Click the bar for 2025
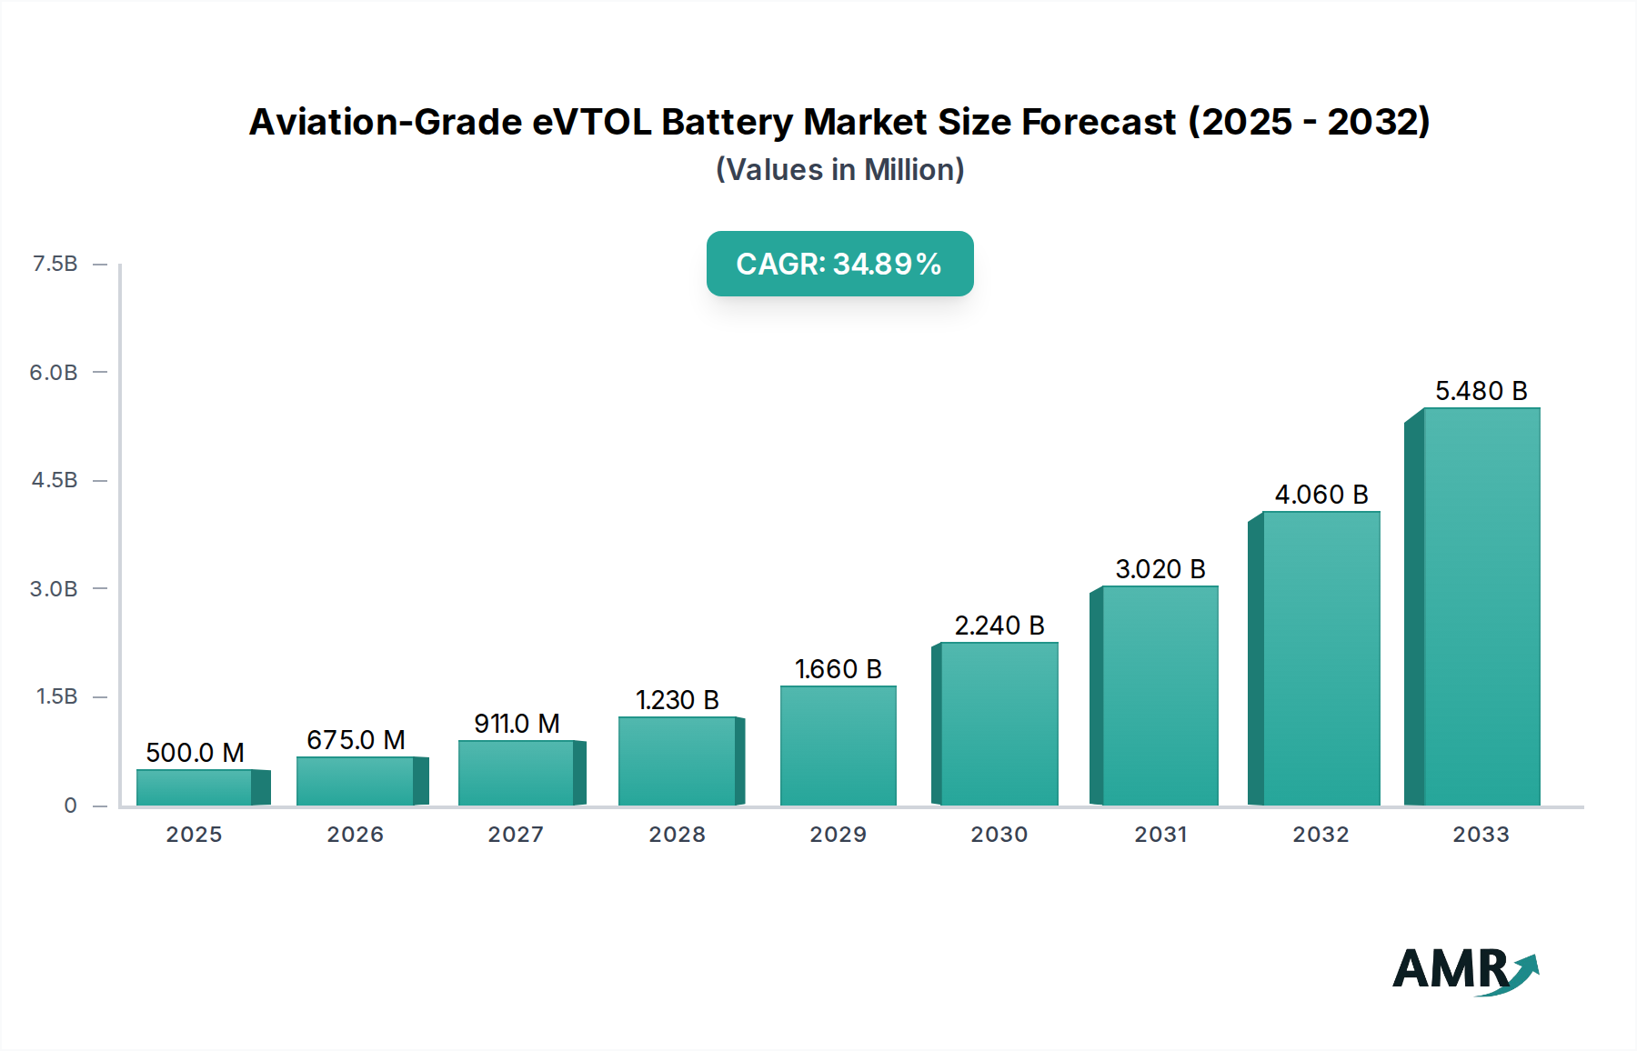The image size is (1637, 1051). click(195, 787)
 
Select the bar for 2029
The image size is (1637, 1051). click(838, 746)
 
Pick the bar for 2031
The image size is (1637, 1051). click(1160, 696)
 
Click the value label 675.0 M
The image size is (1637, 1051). click(356, 740)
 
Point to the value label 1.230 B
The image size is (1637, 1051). click(677, 700)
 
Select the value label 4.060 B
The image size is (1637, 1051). click(1321, 495)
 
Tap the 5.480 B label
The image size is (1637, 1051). click(1481, 391)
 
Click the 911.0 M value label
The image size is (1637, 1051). click(517, 724)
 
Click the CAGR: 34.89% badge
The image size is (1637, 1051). click(839, 264)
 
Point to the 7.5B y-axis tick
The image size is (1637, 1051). click(55, 264)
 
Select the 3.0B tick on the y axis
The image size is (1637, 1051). click(54, 588)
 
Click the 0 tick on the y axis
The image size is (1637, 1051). click(70, 805)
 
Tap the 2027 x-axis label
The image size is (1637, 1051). click(516, 835)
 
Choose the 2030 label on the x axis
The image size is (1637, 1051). click(999, 835)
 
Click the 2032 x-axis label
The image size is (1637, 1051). click(1321, 835)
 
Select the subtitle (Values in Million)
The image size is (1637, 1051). click(839, 170)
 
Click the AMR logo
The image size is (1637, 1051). click(1465, 971)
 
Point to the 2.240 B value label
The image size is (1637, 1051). click(999, 626)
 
